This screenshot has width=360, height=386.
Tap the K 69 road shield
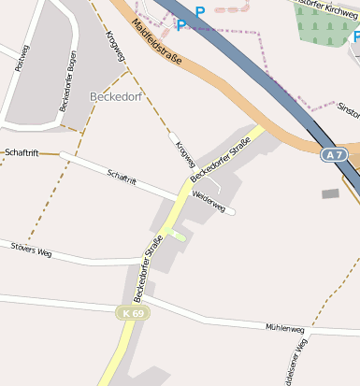[x=134, y=312]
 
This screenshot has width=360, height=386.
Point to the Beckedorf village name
[x=117, y=96]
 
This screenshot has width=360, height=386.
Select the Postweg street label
[x=22, y=58]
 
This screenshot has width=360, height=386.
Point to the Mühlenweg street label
[x=285, y=329]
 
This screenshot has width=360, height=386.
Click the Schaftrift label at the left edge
[x=21, y=151]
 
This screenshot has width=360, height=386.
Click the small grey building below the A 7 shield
[x=330, y=193]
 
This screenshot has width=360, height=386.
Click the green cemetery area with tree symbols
[x=323, y=21]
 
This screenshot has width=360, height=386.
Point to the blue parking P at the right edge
[x=354, y=38]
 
